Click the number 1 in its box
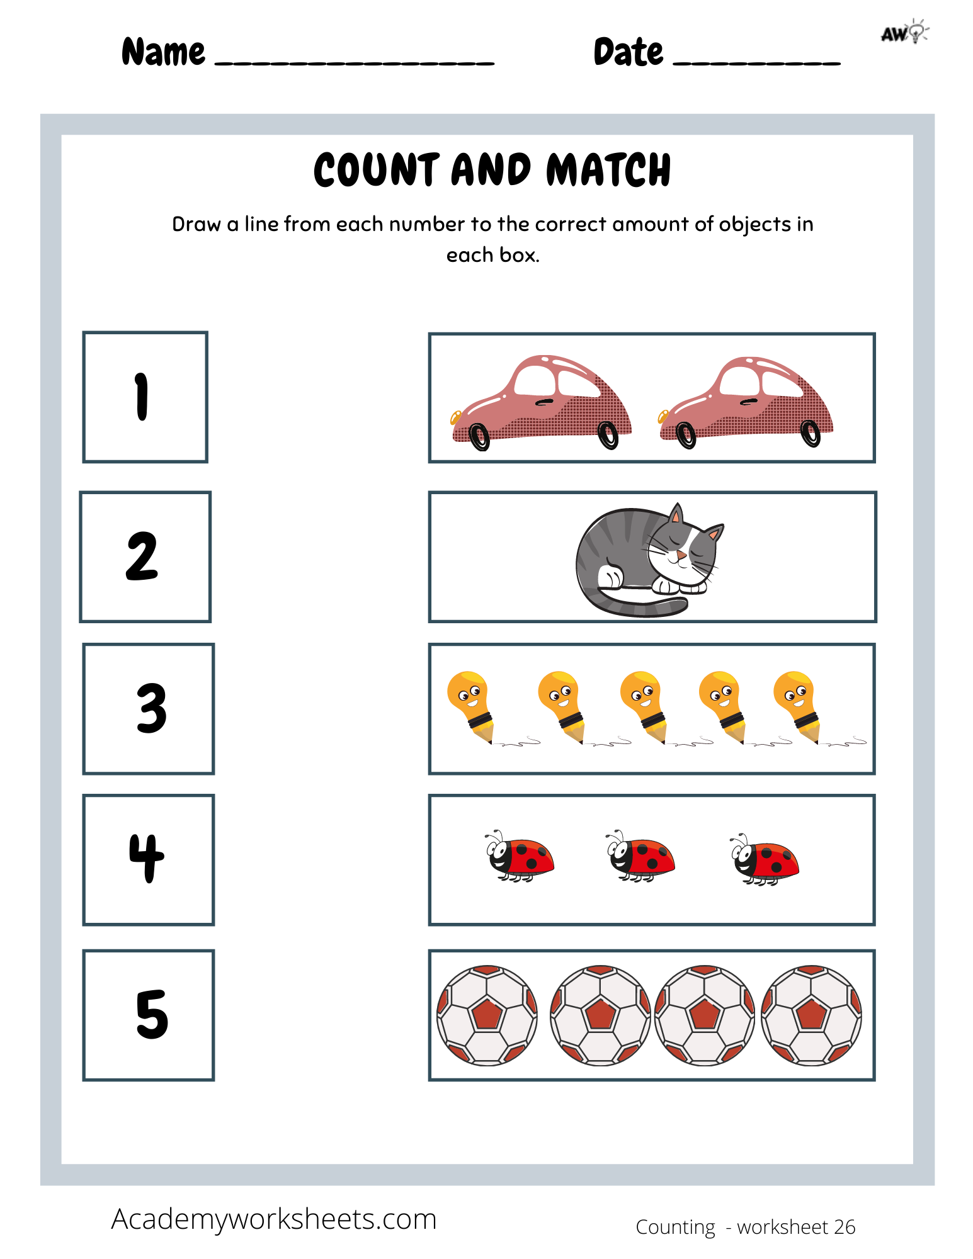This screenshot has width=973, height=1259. click(x=142, y=397)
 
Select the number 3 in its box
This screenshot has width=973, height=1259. click(x=152, y=709)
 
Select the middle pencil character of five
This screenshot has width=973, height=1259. click(x=642, y=702)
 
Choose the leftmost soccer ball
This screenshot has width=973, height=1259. click(x=487, y=1015)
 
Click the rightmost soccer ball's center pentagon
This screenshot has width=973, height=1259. click(x=811, y=1014)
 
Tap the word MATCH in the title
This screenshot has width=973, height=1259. click(x=608, y=170)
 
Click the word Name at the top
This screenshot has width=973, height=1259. click(x=163, y=52)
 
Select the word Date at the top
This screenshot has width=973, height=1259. click(x=628, y=52)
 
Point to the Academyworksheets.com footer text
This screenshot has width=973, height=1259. click(x=274, y=1219)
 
